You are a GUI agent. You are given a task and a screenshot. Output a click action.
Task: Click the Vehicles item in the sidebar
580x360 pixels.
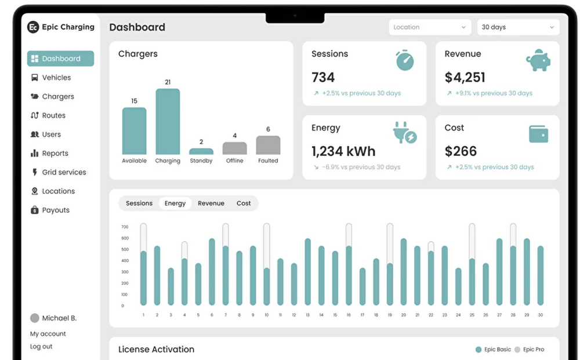point(56,78)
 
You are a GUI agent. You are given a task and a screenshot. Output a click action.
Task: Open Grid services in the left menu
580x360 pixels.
point(64,172)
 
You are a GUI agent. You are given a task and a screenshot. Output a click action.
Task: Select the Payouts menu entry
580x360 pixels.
point(56,210)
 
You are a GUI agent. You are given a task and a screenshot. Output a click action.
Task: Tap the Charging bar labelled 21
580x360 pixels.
point(168,122)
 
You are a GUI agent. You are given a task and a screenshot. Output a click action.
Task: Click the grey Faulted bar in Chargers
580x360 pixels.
point(268,145)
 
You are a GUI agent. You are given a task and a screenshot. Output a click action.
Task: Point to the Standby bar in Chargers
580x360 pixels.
point(201,151)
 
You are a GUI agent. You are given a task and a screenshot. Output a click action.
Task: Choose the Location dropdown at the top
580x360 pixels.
point(430,27)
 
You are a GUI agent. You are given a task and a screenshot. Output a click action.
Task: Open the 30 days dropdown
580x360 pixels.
point(517,27)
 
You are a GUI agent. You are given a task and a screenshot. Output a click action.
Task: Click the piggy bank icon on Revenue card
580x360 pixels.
point(538,60)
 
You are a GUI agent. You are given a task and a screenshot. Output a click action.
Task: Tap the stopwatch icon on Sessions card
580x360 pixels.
point(405,60)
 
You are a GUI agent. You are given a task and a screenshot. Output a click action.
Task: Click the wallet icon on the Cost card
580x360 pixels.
point(538,134)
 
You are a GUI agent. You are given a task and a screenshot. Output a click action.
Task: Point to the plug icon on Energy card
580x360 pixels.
point(404,133)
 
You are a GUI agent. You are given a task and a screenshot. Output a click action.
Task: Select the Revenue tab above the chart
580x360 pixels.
point(211,203)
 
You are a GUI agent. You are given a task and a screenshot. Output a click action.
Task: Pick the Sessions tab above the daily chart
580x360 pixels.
point(139,203)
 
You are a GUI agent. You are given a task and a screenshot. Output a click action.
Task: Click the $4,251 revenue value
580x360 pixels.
point(465,77)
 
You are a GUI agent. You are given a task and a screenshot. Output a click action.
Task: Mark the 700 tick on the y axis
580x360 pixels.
point(125,227)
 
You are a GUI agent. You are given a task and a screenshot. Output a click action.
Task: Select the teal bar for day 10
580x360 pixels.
point(267,286)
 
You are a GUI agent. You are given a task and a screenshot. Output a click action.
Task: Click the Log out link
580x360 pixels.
point(41,347)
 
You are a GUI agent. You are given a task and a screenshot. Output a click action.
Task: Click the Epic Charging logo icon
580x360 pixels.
point(34,27)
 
